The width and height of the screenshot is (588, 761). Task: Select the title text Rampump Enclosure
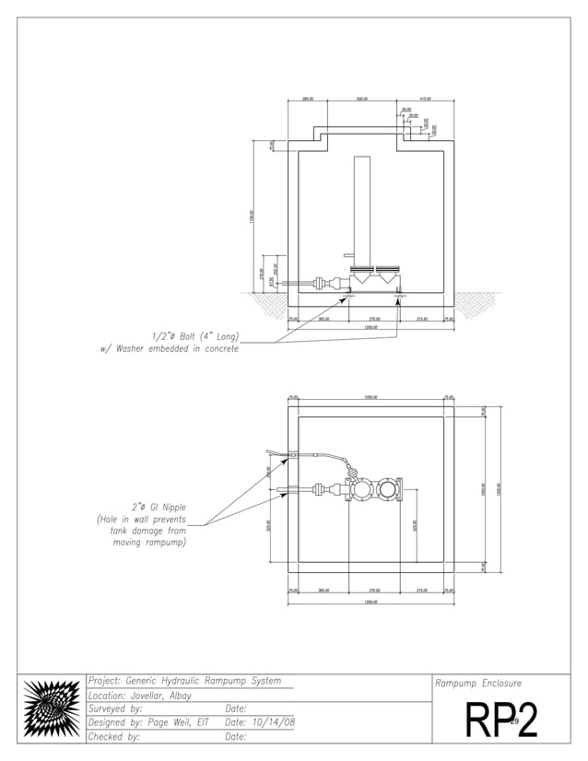pyautogui.click(x=478, y=684)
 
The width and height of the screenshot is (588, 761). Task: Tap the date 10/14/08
pyautogui.click(x=274, y=722)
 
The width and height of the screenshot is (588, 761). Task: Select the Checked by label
pyautogui.click(x=113, y=736)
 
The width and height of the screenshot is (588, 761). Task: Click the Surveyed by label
pyautogui.click(x=116, y=709)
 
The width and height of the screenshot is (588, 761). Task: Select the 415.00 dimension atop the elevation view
pyautogui.click(x=426, y=99)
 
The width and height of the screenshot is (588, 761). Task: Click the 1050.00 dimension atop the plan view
pyautogui.click(x=372, y=397)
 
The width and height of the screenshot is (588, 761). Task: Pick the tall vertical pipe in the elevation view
pyautogui.click(x=361, y=211)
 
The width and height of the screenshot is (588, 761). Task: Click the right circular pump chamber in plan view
pyautogui.click(x=388, y=489)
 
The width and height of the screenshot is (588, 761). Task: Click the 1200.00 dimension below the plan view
pyautogui.click(x=370, y=602)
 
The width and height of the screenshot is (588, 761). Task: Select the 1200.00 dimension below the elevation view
pyautogui.click(x=370, y=327)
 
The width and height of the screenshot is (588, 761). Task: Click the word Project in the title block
pyautogui.click(x=103, y=682)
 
